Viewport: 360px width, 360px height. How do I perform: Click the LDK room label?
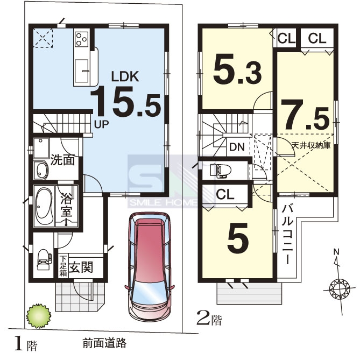pos(125,77)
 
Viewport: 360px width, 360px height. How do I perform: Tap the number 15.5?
pos(125,102)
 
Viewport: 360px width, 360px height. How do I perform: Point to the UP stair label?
pos(101,124)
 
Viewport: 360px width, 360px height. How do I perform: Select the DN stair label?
pos(237,147)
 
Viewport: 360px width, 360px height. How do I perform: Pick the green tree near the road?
pos(38,316)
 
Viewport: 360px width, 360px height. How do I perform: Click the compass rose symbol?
pos(339,287)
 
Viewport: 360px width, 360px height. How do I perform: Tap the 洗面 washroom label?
pos(62,160)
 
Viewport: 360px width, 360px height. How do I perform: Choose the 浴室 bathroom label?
pos(67,206)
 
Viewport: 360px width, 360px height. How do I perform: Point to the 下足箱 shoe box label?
pos(63,266)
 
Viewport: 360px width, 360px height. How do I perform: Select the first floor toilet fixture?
pos(44,259)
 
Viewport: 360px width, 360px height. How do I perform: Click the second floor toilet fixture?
pos(218,171)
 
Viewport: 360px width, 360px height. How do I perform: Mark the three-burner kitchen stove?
pos(82,39)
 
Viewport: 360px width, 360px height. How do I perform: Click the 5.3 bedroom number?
pos(238,68)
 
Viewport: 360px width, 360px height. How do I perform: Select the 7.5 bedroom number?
pos(305,115)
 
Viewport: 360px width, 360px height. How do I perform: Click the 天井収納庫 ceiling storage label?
pos(311,145)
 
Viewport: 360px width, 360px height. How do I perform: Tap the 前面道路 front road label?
pos(104,343)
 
